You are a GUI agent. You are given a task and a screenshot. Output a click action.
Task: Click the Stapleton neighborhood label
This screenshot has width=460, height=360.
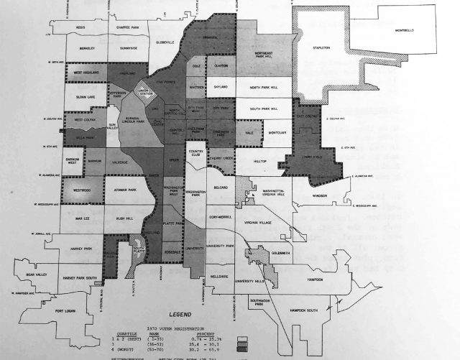(320, 48)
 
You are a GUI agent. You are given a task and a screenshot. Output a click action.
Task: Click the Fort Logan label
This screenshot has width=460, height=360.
(65, 311)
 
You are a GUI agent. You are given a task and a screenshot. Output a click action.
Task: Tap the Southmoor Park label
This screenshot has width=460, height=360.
(259, 300)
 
